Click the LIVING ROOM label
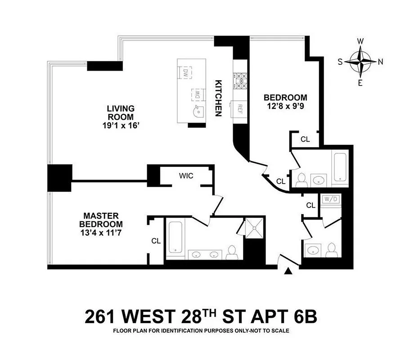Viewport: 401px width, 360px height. click(121, 112)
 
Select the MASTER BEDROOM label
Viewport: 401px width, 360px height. click(101, 220)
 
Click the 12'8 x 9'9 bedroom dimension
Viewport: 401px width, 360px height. click(285, 106)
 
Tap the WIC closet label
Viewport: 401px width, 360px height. click(186, 175)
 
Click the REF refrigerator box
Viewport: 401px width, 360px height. click(240, 108)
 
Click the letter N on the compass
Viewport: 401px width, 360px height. click(380, 62)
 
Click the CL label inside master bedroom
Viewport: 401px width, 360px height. click(156, 241)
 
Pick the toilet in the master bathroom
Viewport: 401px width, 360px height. click(231, 252)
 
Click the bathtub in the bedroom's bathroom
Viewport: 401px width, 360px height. click(338, 167)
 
